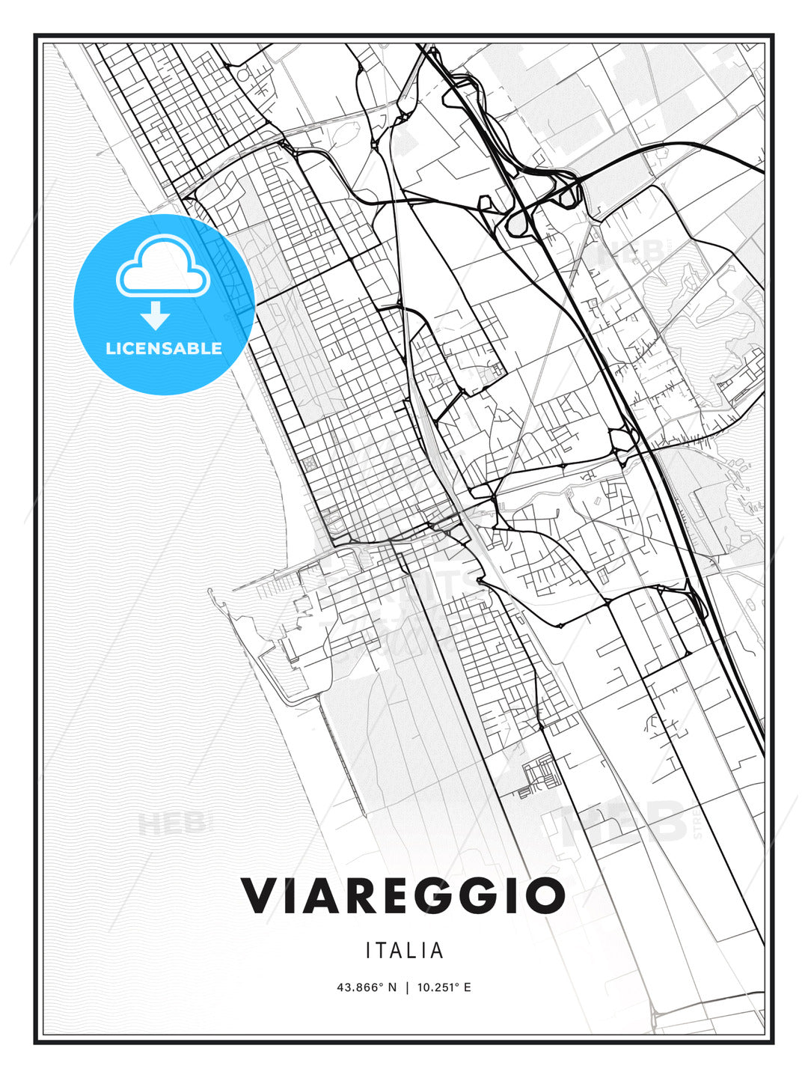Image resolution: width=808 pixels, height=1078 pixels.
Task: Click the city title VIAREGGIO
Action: pos(403,895)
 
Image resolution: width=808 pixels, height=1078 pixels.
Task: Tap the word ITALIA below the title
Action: pos(405,951)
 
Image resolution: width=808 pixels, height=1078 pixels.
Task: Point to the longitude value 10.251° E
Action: pos(444,987)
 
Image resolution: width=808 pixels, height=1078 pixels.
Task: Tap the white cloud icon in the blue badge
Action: pos(162,267)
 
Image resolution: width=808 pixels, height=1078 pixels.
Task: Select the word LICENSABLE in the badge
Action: pos(164,348)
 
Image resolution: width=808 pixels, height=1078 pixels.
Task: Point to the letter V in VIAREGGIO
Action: pos(259,895)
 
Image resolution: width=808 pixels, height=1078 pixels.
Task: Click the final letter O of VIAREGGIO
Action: pos(545,895)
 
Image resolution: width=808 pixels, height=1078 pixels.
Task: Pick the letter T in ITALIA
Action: pos(385,951)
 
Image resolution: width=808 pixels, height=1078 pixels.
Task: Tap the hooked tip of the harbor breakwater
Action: pos(212,595)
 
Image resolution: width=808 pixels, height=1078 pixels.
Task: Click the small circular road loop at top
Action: pos(242,74)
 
